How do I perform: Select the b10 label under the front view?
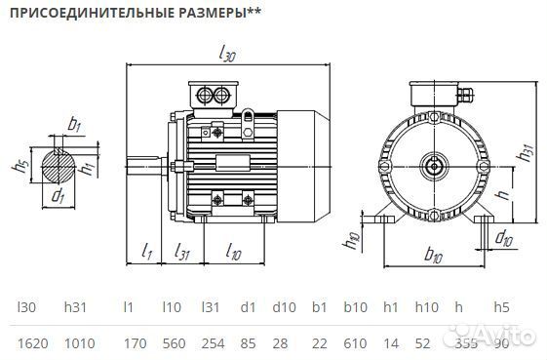point(434,257)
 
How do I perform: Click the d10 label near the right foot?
point(504,237)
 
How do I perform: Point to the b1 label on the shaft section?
point(74,124)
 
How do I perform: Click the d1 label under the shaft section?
point(58,195)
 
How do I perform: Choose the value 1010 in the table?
point(80,343)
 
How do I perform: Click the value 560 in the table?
point(172,343)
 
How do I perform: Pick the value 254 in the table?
point(212,343)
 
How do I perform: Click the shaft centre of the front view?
point(432,165)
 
